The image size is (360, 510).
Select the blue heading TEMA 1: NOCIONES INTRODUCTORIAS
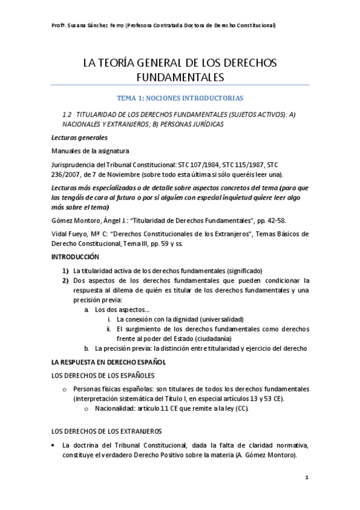[x=180, y=98]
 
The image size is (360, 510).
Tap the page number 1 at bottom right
[x=307, y=478]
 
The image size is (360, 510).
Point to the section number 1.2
[x=67, y=114]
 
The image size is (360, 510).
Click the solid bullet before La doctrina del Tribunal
[x=54, y=445]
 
